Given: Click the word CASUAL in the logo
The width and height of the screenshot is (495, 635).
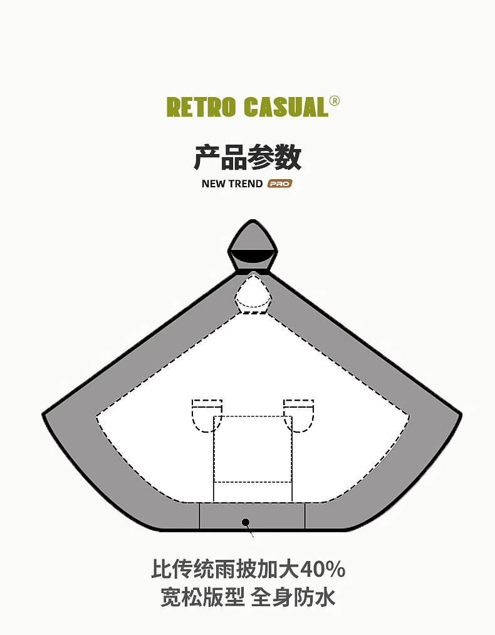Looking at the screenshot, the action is (286, 106).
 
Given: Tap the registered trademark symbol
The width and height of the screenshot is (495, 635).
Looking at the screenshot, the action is (334, 101).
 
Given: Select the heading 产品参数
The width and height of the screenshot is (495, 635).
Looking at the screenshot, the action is (247, 157).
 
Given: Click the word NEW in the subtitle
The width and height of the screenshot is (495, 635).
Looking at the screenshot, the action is (214, 184).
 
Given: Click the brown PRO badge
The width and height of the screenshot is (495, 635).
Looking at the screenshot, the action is (280, 184).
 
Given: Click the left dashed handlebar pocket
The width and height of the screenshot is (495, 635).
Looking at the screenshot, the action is (206, 415).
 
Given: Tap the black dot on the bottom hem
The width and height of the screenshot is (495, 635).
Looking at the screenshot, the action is (246, 522).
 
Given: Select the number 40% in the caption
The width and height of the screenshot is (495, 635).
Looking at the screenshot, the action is (322, 570).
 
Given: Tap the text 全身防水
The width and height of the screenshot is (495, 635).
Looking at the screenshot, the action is (293, 597).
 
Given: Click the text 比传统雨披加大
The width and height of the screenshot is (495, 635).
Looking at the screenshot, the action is (224, 570).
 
